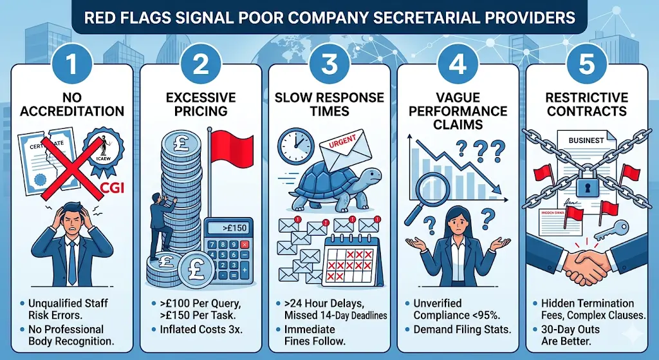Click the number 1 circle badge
point(72,66)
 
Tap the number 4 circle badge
point(458,66)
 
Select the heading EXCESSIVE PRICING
point(201,104)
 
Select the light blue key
point(617,226)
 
